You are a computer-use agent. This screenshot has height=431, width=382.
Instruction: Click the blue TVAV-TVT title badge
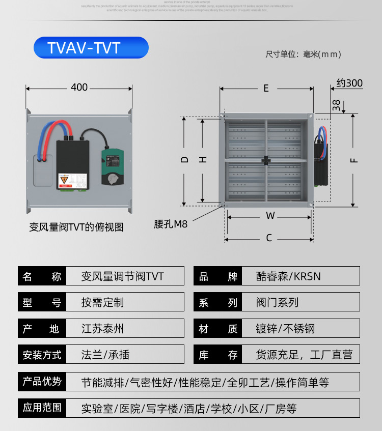91,48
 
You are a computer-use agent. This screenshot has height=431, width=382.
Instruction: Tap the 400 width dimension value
79,88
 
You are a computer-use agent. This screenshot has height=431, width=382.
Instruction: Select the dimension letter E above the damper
266,89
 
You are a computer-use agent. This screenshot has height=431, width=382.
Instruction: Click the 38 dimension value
336,105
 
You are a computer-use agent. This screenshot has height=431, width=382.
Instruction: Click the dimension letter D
184,160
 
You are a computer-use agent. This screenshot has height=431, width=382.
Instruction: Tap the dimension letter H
203,160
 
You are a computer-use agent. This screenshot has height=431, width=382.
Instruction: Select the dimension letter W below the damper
270,216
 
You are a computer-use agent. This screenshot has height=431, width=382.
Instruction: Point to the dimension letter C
269,238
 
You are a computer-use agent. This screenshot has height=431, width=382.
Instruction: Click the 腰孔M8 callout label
171,224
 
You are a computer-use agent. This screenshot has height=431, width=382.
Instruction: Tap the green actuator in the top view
113,166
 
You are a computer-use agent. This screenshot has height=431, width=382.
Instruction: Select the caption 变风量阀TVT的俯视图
76,227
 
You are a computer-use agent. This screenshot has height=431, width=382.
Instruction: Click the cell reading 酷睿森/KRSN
288,276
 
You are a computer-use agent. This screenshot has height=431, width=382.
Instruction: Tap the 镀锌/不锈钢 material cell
285,329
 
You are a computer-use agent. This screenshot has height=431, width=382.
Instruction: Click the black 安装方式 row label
42,355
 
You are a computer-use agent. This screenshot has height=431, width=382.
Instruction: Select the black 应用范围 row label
42,408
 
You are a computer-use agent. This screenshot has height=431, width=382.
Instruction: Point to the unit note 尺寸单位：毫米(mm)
303,54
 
